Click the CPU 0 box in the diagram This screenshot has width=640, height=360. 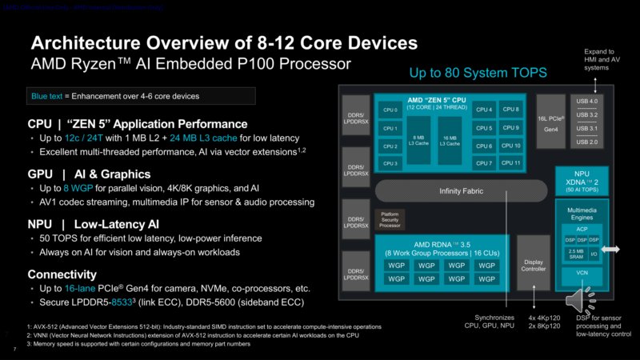pyautogui.click(x=390, y=110)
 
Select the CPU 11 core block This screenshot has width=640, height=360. pyautogui.click(x=510, y=163)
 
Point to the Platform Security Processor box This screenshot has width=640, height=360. pyautogui.click(x=390, y=219)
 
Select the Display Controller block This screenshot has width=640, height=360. pyautogui.click(x=533, y=263)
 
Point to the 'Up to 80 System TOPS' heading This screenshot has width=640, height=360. pyautogui.click(x=478, y=73)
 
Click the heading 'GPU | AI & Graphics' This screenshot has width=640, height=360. pyautogui.click(x=88, y=174)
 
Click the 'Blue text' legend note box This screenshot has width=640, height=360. pyautogui.click(x=140, y=97)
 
